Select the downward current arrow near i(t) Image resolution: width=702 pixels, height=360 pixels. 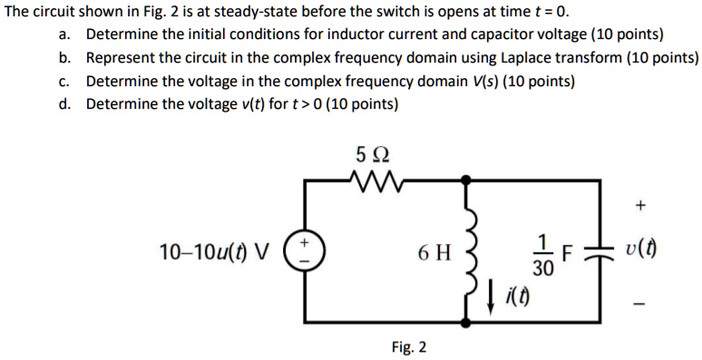[489, 292]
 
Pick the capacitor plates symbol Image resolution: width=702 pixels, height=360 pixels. [600, 252]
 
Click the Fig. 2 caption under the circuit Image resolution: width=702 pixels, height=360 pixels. [409, 347]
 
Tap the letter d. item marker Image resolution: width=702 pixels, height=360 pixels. [64, 103]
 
